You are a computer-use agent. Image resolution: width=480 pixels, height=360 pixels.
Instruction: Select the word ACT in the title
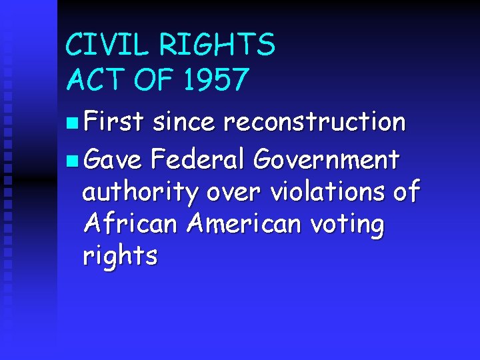point(95,80)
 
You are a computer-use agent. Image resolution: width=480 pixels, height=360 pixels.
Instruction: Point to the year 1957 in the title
point(216,80)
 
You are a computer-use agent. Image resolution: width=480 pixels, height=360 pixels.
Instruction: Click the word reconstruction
point(315,122)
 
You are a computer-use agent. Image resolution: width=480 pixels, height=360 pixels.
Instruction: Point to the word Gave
point(113,160)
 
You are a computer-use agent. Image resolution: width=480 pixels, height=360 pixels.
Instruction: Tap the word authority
point(141,193)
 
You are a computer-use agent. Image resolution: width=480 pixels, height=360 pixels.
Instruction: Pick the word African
point(131,224)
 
